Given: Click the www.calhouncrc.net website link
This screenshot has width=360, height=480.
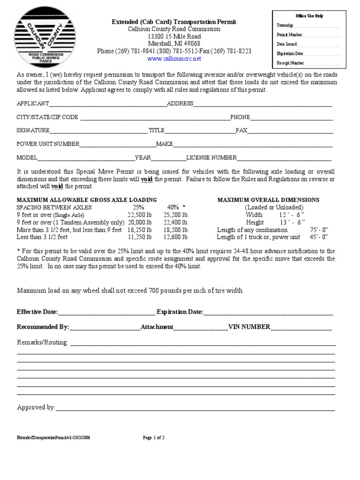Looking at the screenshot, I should (174, 59).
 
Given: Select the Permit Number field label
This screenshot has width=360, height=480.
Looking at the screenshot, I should (290, 35).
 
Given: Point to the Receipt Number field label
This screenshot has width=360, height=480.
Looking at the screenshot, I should (291, 63).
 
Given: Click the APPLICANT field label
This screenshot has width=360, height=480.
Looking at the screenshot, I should (33, 104).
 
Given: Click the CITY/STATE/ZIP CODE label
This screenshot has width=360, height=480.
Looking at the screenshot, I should (48, 117).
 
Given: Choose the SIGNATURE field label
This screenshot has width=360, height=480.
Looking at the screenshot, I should (33, 130).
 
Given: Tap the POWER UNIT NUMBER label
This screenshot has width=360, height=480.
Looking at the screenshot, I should (48, 144).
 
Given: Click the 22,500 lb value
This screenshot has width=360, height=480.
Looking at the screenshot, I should (139, 215).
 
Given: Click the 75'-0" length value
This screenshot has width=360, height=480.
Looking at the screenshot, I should (320, 230).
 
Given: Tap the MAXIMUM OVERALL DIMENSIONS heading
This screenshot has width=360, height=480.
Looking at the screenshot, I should (268, 200).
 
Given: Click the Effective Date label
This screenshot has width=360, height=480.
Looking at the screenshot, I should (37, 312).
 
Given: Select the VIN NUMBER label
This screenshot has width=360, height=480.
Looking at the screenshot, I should (249, 327).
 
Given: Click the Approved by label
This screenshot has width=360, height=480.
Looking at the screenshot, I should (36, 407).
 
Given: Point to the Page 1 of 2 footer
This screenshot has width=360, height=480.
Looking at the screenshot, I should (154, 438).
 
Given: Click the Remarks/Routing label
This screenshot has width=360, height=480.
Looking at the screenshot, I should (43, 342).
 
